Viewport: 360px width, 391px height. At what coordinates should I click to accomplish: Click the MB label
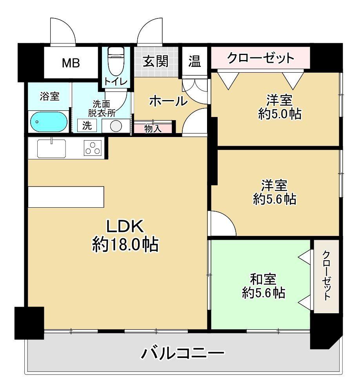click(71, 63)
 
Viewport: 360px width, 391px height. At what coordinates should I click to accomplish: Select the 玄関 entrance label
click(156, 61)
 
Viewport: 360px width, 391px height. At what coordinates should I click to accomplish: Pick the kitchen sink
click(52, 148)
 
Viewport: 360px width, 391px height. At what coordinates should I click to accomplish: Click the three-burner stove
click(93, 149)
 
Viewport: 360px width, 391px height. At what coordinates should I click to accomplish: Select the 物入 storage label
click(153, 128)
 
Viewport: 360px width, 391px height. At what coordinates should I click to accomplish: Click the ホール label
click(168, 101)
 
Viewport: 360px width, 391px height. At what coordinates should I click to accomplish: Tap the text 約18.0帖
click(125, 245)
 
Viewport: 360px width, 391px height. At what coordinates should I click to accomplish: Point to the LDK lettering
click(125, 227)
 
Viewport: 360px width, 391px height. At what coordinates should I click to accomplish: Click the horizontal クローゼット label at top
click(261, 58)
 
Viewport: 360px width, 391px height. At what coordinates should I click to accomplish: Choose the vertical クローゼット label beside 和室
click(326, 275)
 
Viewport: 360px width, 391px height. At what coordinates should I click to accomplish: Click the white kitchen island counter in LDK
click(66, 197)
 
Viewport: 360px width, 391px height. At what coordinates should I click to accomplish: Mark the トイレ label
click(115, 82)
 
